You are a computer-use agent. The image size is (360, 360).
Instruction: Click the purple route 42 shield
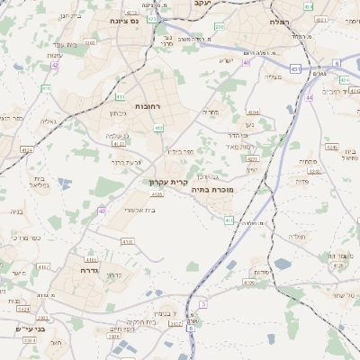click(55, 65)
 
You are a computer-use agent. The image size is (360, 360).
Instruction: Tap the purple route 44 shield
click(309, 97)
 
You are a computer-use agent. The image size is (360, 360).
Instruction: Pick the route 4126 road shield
click(157, 193)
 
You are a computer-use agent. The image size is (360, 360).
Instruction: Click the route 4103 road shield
click(127, 241)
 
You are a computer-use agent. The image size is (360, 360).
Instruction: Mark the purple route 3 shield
click(203, 304)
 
